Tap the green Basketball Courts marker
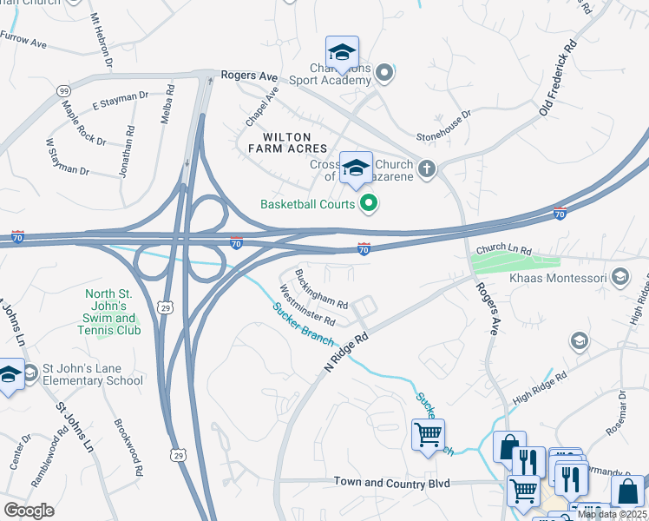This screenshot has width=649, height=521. (x=369, y=204)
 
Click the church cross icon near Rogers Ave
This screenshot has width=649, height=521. (x=426, y=169)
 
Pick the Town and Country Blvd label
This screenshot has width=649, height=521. (x=392, y=482)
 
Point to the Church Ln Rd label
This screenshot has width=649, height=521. (x=502, y=248)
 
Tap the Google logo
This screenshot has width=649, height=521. (x=29, y=511)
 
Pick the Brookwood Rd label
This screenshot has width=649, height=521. (x=128, y=448)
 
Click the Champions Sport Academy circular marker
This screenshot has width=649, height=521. (x=386, y=74)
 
